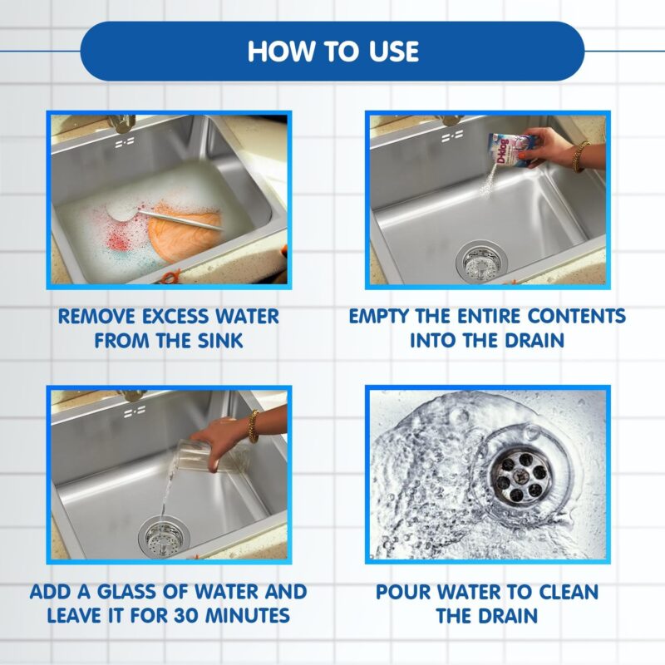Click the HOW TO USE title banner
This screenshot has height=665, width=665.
332,51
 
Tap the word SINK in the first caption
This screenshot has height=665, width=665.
217,340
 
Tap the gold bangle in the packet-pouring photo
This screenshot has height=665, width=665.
580,155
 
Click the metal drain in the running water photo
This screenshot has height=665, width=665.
515,476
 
